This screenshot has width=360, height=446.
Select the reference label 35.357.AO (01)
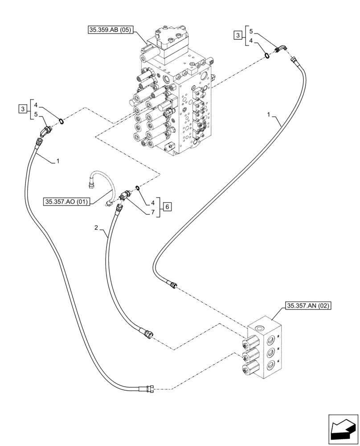67,202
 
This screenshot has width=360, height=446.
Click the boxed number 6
167,206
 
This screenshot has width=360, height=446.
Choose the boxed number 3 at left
22,108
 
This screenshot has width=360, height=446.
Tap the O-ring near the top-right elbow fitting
266,55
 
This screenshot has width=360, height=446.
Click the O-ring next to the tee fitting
138,188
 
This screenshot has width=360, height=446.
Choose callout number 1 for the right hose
269,116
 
